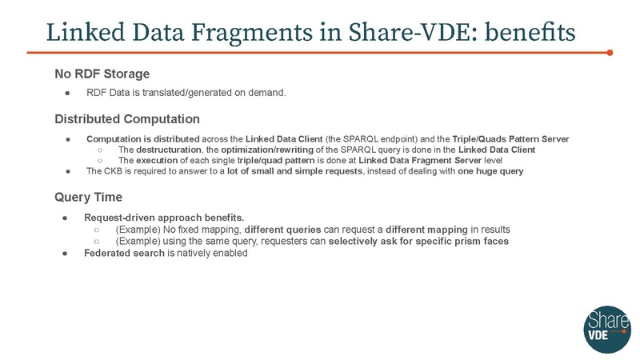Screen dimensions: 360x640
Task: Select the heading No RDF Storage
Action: [x=102, y=74]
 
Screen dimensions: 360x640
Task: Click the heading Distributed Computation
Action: [x=127, y=120]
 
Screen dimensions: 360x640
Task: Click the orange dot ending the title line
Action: [x=610, y=53]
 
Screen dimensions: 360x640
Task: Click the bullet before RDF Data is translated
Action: [x=69, y=94]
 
